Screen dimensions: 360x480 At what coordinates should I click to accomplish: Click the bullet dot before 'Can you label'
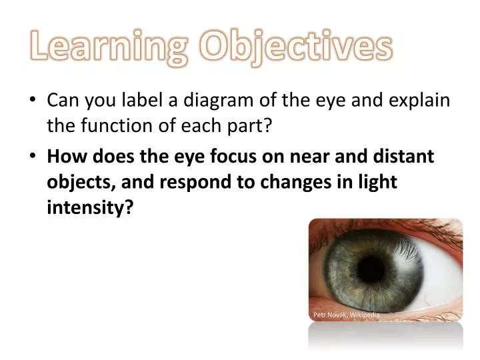[33, 102]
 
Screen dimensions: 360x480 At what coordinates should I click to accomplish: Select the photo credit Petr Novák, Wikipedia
[346, 315]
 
